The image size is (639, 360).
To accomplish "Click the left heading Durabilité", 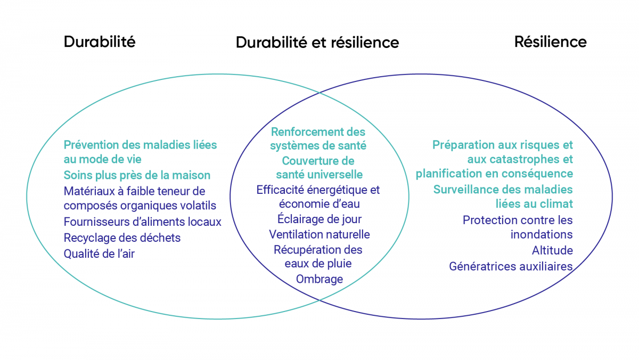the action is (100, 42).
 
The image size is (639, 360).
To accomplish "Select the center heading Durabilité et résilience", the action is (317, 42).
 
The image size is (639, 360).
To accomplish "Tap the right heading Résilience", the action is (550, 42).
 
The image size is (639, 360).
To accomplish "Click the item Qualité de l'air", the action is (99, 253).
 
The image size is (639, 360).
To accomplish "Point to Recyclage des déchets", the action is (122, 238).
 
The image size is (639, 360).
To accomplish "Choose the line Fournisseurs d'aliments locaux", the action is (142, 222).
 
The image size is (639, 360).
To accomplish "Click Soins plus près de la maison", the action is (137, 175).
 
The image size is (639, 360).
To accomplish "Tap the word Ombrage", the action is (319, 279).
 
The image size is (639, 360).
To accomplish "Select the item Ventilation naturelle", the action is (319, 234).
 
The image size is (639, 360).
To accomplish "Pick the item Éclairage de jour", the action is (319, 219).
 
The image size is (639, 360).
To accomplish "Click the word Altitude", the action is (552, 250).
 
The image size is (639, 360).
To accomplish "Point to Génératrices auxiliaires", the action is (511, 266).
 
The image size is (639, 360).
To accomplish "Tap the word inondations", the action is (542, 234).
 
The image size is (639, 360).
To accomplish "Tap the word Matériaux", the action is (89, 191).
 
